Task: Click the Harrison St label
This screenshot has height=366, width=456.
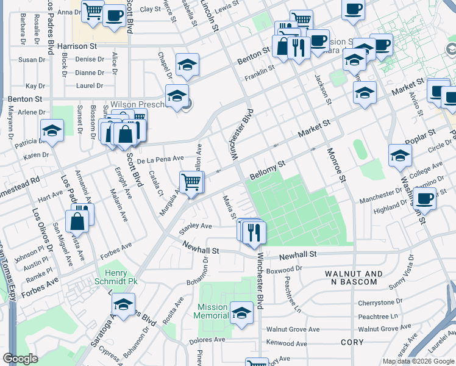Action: point(77,46)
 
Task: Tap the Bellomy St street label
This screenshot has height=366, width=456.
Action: point(268,171)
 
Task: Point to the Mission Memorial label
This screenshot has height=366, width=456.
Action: point(211,311)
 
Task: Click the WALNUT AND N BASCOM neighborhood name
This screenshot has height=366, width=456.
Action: point(354,279)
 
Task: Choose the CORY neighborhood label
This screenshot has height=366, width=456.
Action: point(352,342)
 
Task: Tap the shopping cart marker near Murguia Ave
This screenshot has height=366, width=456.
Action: point(191,182)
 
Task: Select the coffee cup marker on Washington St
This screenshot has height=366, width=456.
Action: point(424,198)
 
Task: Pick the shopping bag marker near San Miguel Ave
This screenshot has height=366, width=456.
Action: point(79,222)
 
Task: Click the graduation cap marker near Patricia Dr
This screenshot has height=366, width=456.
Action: point(52,131)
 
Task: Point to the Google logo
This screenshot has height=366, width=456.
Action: point(21,359)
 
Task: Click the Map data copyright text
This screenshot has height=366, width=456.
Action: point(418,361)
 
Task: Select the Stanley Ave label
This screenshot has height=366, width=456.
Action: point(194,226)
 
